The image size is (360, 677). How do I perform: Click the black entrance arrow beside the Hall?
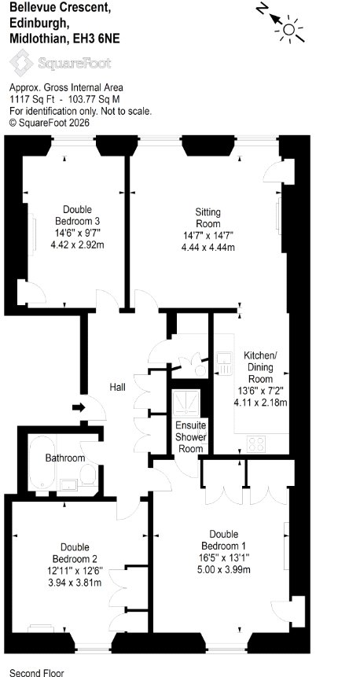point(79,407)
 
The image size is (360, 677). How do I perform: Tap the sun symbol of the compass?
point(288,29)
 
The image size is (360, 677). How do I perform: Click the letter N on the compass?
point(262,9)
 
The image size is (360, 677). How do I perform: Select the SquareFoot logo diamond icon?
point(21,63)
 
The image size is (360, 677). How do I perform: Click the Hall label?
point(117,388)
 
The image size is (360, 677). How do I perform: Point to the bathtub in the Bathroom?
point(42,462)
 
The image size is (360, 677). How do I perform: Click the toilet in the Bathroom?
point(89,474)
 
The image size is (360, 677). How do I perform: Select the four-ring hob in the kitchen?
point(257,444)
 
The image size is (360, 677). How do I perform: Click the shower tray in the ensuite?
point(186,404)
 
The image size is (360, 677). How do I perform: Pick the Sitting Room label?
point(208,218)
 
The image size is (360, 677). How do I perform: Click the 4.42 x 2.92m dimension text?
point(77,245)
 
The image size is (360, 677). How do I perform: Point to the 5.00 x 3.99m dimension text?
point(223,569)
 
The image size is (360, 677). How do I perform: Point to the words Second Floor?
point(37,673)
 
